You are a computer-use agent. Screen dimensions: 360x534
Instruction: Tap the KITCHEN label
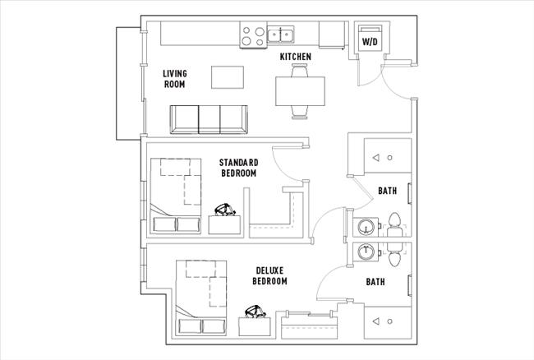pyautogui.click(x=296, y=56)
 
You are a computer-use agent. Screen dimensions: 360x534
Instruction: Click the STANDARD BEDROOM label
pyautogui.click(x=238, y=168)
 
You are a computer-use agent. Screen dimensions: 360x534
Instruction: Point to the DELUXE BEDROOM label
pyautogui.click(x=270, y=275)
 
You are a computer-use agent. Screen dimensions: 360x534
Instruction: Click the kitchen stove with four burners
pyautogui.click(x=253, y=35)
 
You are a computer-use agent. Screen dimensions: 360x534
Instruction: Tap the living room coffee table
pyautogui.click(x=228, y=77)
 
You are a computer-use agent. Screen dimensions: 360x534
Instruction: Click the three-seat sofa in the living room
pyautogui.click(x=208, y=119)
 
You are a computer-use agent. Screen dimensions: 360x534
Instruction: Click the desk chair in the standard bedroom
pyautogui.click(x=223, y=210)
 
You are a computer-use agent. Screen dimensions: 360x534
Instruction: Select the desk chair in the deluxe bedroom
pyautogui.click(x=254, y=312)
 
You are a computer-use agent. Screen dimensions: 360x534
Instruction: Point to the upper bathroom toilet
pyautogui.click(x=394, y=223)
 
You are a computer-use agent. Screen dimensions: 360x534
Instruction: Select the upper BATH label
pyautogui.click(x=388, y=191)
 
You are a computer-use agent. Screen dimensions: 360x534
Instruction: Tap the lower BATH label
pyautogui.click(x=376, y=282)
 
